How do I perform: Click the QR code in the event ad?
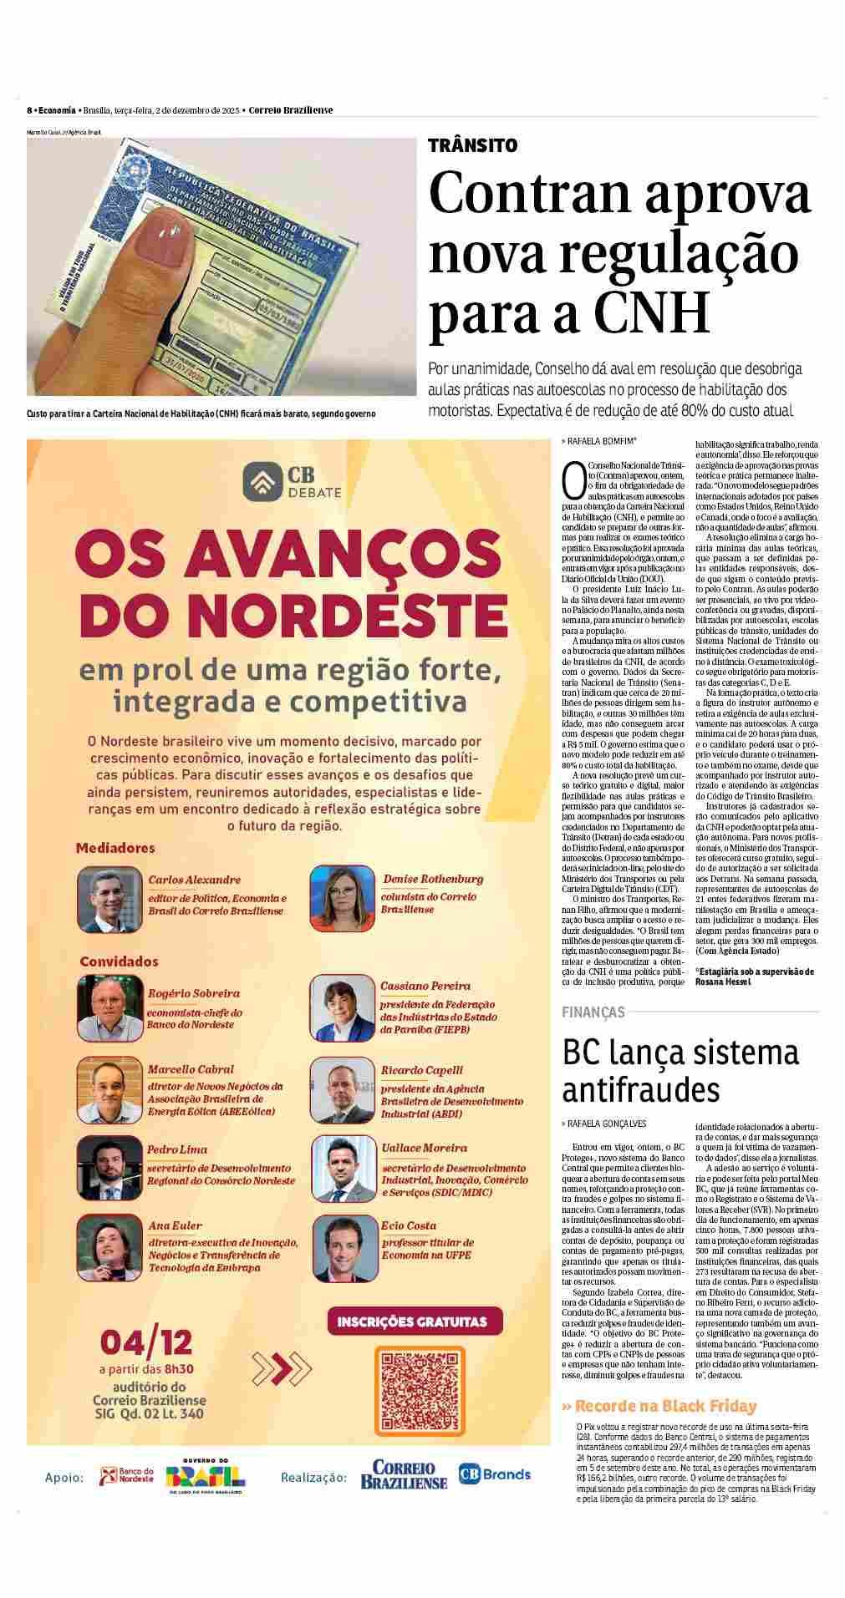(415, 1377)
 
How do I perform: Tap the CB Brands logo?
(494, 1474)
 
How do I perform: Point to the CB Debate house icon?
(261, 480)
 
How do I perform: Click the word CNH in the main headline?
(651, 312)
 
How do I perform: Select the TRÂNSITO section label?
(472, 145)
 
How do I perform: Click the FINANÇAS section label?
(593, 1012)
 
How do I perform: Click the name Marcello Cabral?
(191, 1069)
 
